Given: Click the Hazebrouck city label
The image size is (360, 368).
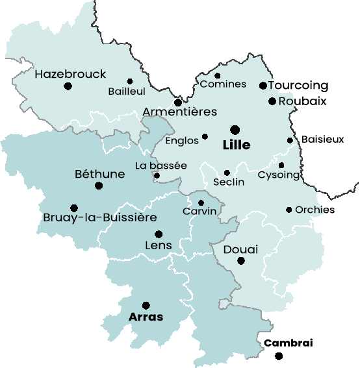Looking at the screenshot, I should click(70, 74).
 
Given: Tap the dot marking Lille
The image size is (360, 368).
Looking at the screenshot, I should click(235, 130).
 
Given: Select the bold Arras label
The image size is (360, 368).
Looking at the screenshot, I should click(146, 317).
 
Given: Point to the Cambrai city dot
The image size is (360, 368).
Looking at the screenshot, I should click(279, 356).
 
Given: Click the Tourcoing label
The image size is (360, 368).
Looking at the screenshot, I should click(298, 86).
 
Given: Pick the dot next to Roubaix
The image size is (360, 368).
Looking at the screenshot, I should click(272, 101).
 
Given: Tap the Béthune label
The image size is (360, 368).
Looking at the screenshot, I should click(100, 174).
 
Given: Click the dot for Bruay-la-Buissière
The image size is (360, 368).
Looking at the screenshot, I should click(74, 208).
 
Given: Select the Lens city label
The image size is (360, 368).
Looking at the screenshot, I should click(159, 245).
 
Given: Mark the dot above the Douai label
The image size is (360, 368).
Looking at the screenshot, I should click(241, 261).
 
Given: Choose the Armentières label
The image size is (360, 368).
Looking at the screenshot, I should click(179, 112).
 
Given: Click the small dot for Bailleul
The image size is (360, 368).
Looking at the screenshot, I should click(130, 81).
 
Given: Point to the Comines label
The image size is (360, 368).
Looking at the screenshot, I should click(224, 84).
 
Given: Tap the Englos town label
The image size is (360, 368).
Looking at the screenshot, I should click(182, 140).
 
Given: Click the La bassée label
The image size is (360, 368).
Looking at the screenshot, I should click(161, 166).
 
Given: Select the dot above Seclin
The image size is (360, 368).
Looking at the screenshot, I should click(227, 173).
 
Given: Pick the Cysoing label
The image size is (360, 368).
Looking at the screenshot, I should click(279, 175).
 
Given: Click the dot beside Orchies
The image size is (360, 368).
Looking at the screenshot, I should click(289, 210).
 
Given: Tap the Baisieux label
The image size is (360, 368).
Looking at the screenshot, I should click(323, 140).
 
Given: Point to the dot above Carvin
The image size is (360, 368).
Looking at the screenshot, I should click(201, 202).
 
